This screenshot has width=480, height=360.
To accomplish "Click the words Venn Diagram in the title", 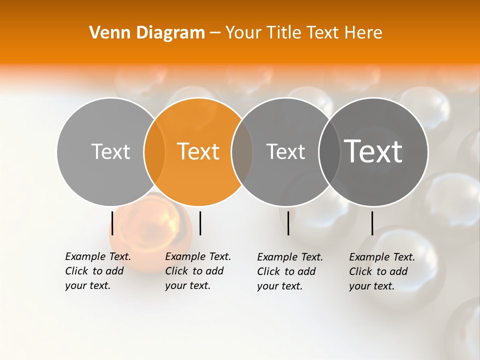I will [x=147, y=33].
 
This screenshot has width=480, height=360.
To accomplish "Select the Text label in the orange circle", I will [x=198, y=151].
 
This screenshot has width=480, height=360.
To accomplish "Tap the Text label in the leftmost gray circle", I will [x=110, y=151].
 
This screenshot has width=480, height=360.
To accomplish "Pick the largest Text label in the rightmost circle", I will [x=373, y=151].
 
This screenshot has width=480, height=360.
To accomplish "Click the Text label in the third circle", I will [x=285, y=151].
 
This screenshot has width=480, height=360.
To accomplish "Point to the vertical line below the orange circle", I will [x=200, y=223].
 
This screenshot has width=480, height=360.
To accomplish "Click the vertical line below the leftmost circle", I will [x=112, y=223].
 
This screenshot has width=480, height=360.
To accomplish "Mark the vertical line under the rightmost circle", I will [x=372, y=223].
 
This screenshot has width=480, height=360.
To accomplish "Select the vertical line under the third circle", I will [x=288, y=223].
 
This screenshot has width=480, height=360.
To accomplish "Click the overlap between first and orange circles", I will [x=154, y=151].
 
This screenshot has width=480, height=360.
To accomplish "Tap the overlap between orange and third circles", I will [x=242, y=151].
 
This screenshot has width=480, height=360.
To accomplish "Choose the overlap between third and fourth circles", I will [x=329, y=151].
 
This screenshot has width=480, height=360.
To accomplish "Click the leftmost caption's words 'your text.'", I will [x=87, y=285].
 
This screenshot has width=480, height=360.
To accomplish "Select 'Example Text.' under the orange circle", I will [x=198, y=256].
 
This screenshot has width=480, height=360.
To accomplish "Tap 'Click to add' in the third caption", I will [x=286, y=271].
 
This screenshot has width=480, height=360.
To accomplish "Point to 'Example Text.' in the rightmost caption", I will [x=382, y=257].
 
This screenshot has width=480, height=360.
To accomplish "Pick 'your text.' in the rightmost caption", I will [x=371, y=286].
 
